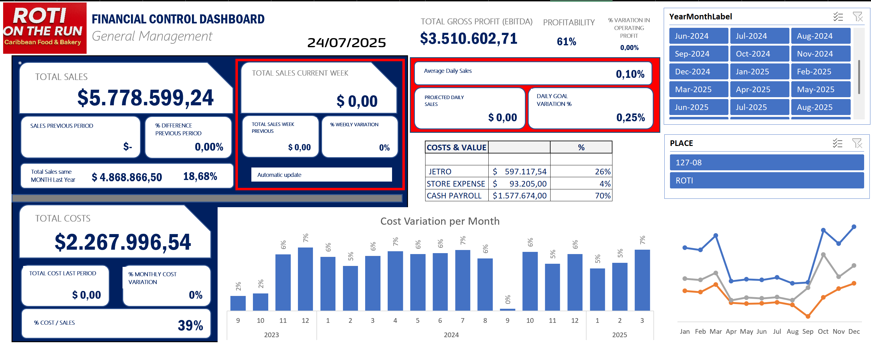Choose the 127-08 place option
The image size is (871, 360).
click(x=766, y=162)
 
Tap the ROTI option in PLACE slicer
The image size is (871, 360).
click(x=766, y=181)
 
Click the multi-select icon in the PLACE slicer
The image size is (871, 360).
click(x=837, y=143)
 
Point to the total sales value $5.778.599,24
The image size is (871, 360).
click(x=145, y=98)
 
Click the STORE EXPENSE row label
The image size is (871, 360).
click(x=456, y=184)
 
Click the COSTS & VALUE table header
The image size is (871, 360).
click(x=456, y=147)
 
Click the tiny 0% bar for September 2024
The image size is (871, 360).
click(x=507, y=309)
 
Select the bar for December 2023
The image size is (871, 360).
click(x=305, y=279)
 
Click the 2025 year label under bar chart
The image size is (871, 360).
click(x=619, y=335)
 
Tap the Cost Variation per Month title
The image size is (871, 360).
click(x=440, y=221)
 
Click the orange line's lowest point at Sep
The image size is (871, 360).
click(x=808, y=316)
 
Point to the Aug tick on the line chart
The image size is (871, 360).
click(x=792, y=331)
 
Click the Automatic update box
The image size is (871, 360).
click(x=321, y=175)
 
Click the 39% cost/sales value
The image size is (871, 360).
click(x=190, y=326)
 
